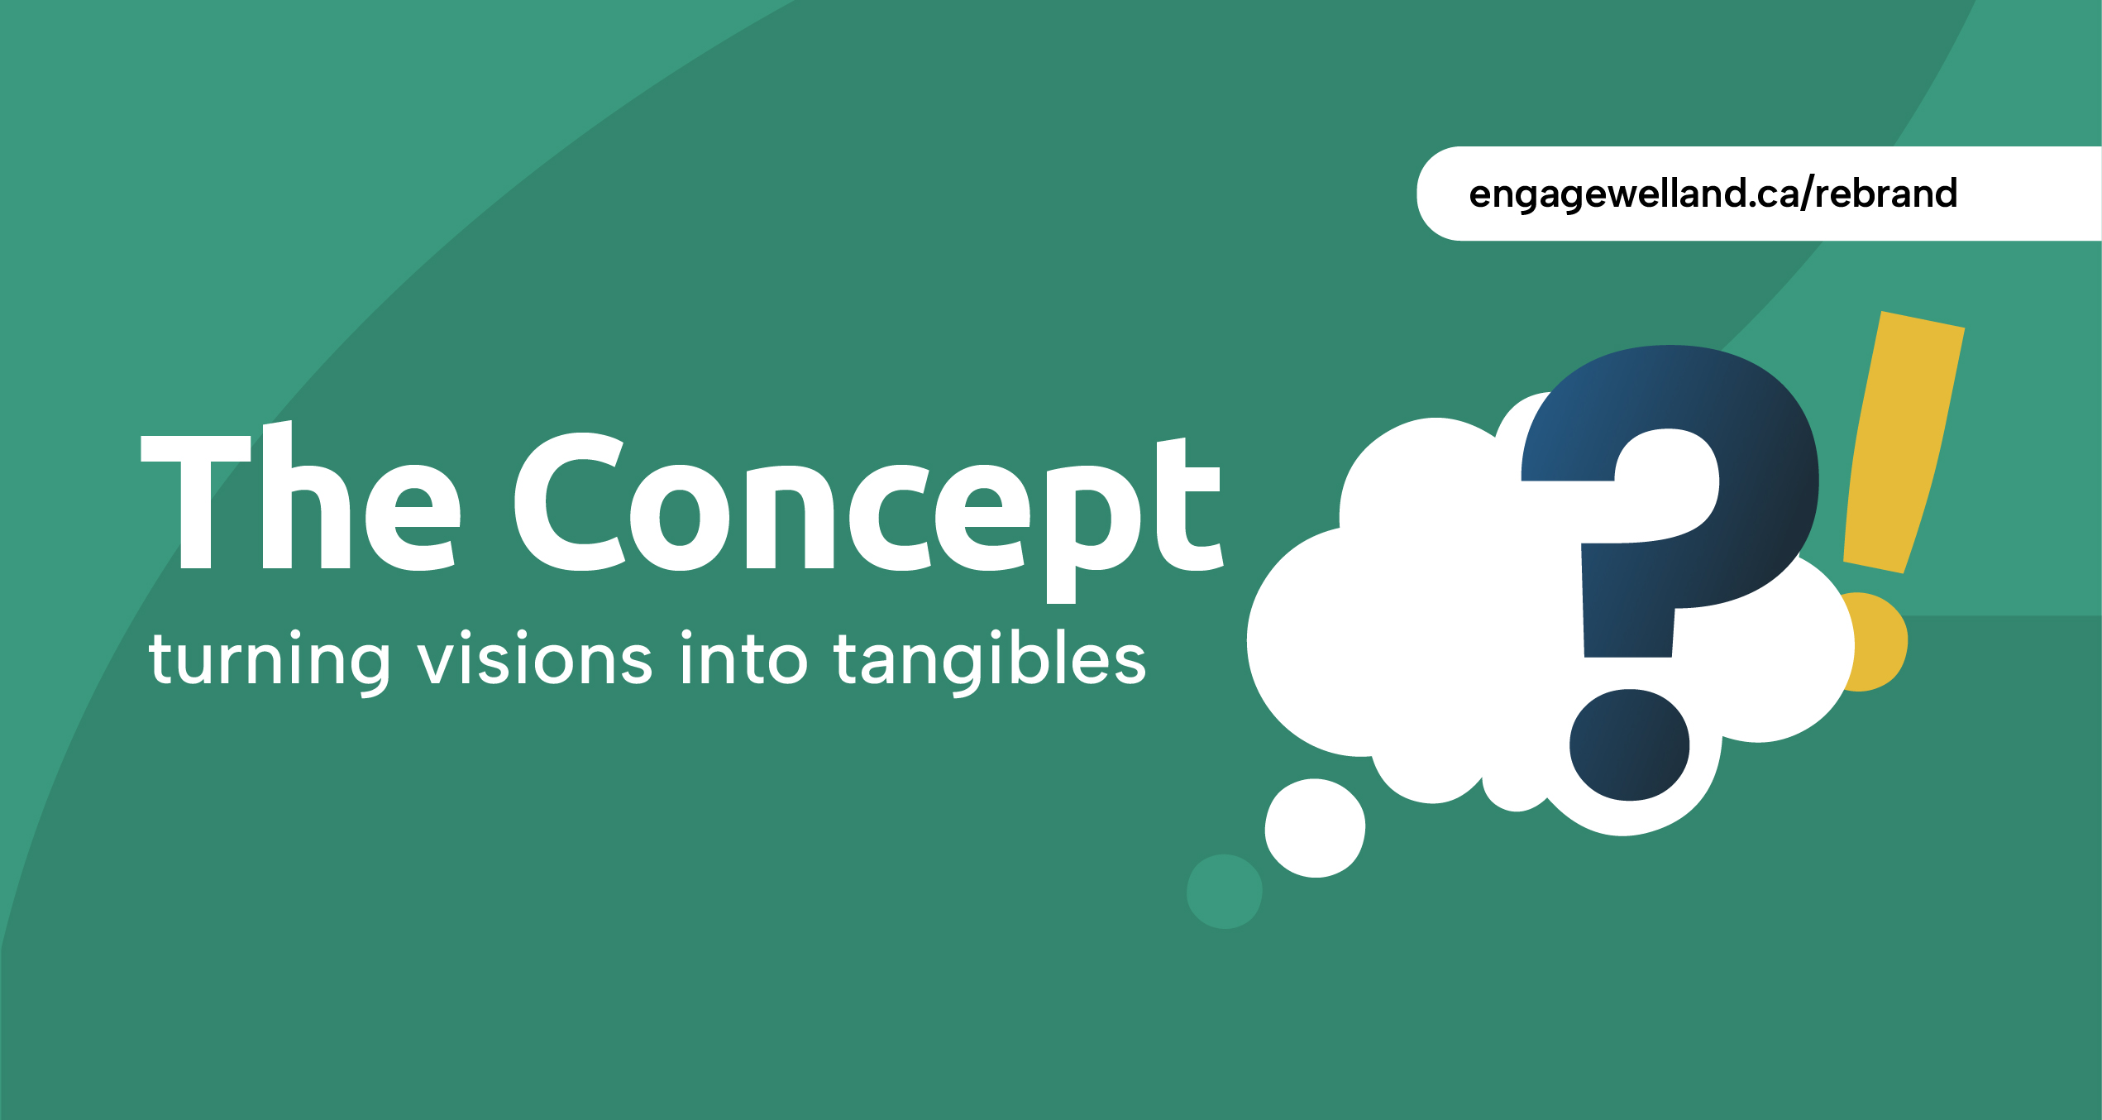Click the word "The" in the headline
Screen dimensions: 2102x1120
[301, 495]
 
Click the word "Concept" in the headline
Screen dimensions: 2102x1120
[868, 517]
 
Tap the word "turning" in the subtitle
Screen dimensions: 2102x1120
[270, 663]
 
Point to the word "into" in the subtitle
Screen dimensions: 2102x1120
[744, 658]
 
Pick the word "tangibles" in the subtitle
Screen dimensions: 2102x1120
[991, 661]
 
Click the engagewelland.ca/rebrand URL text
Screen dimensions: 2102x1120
[1713, 194]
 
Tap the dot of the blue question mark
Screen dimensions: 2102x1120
[1630, 745]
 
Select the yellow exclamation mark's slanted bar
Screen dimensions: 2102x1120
[1904, 443]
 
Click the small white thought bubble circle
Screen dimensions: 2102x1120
[1315, 828]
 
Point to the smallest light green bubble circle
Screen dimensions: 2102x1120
[1224, 892]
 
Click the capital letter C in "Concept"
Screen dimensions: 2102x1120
[569, 502]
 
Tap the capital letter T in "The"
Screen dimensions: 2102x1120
[196, 502]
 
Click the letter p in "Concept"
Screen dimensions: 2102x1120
[1093, 534]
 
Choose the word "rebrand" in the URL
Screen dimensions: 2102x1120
[1886, 193]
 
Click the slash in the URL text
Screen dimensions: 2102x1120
[1804, 194]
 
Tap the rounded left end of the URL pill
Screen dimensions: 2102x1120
[1435, 194]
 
